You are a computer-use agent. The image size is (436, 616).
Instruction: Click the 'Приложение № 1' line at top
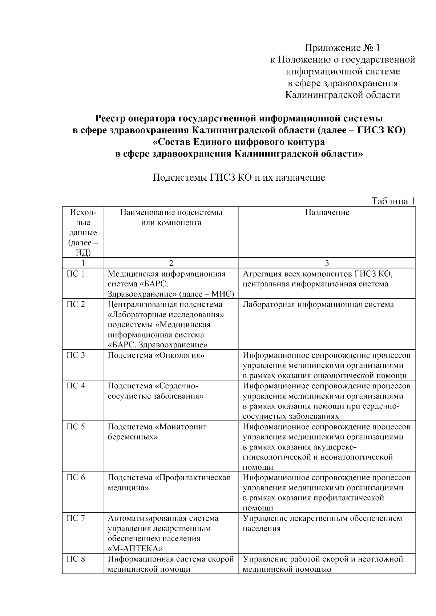(342, 48)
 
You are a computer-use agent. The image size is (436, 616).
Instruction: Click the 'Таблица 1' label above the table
(393, 201)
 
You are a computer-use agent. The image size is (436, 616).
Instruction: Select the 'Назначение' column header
(327, 213)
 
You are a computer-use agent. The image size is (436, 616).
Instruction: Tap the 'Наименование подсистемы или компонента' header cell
(171, 218)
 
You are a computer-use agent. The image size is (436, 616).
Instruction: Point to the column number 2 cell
(171, 263)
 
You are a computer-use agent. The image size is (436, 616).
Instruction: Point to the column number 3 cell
(327, 263)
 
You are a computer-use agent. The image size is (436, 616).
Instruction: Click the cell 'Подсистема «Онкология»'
(156, 355)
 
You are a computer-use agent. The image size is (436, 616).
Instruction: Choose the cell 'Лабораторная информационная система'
(318, 305)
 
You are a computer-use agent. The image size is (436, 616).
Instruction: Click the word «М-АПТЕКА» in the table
(136, 548)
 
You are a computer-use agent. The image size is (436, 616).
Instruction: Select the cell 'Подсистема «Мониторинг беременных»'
(157, 432)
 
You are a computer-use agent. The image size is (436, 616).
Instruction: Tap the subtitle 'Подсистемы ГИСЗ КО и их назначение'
(238, 178)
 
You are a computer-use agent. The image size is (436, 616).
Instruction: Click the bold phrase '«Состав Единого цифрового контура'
(238, 142)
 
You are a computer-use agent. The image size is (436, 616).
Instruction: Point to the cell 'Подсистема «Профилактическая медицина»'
(169, 482)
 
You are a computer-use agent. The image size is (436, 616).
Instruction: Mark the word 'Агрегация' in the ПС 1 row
(261, 274)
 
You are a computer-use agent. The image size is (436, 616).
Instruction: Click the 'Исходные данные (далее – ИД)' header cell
(83, 232)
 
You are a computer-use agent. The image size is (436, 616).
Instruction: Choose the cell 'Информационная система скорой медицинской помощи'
(171, 564)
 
